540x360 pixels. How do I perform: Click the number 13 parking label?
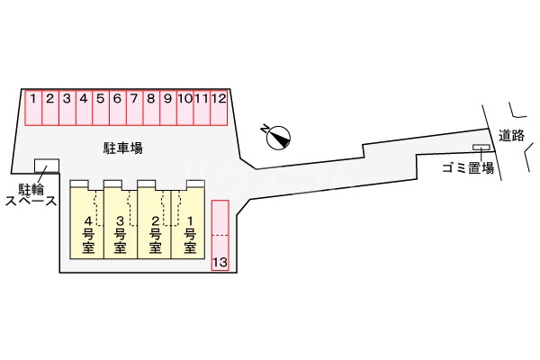(220, 262)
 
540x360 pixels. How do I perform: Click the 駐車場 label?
(122, 146)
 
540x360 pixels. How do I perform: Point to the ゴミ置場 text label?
(467, 167)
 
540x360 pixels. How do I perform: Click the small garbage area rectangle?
(482, 148)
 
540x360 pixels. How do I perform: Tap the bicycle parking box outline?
(46, 166)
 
